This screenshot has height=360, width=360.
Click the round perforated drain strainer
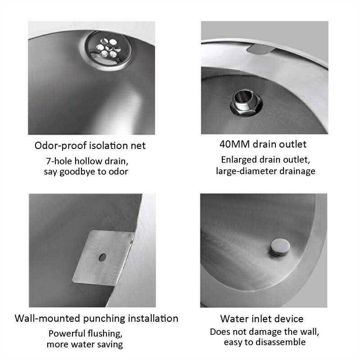point(109,49)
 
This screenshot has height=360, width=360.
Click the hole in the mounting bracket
point(102,257)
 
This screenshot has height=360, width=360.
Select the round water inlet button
point(280,247)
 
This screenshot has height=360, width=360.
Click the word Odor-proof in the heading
point(61,146)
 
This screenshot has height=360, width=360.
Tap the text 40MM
point(234,144)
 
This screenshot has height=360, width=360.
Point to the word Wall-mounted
point(47,319)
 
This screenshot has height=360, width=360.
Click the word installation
point(153,319)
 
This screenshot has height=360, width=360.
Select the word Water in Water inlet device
point(234,319)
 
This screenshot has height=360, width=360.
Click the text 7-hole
point(59,161)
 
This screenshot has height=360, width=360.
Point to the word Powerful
point(66,333)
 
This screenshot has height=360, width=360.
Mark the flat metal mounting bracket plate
point(103,258)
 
